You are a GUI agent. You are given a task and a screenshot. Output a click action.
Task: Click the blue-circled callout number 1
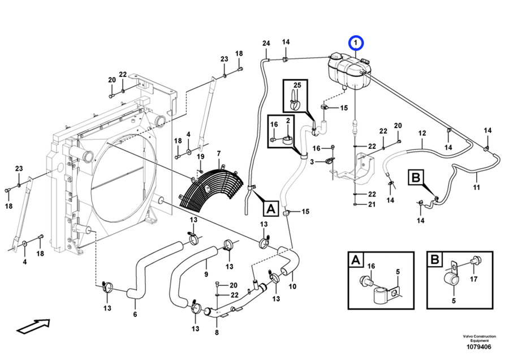pos(356,42)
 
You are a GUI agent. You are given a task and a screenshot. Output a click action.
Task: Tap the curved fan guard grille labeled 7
pos(211,188)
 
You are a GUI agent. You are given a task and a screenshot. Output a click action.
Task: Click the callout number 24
pos(266,43)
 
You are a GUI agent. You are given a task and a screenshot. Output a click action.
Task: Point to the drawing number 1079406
pos(479,346)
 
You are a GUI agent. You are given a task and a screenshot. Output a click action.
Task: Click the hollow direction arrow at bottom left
pos(33,326)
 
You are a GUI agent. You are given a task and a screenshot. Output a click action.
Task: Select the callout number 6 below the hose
pos(135,314)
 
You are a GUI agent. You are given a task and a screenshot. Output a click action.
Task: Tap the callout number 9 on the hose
pos(206,275)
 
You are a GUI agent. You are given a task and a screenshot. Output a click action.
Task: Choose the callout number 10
pos(292,286)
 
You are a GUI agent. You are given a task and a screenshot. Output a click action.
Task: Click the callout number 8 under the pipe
pos(217,332)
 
